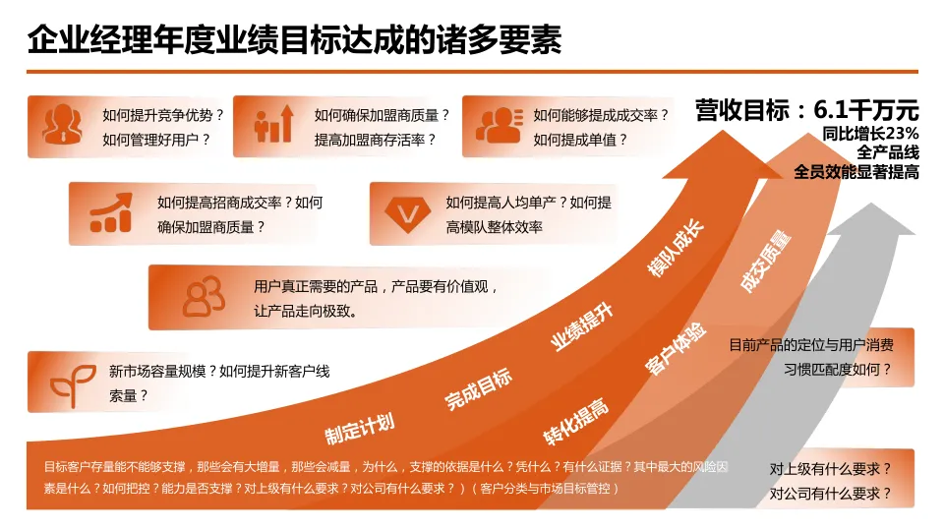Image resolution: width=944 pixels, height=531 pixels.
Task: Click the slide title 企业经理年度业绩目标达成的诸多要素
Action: pyautogui.click(x=295, y=40)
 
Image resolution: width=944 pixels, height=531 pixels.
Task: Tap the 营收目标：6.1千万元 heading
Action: pyautogui.click(x=806, y=109)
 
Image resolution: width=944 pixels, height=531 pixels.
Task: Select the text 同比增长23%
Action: pyautogui.click(x=870, y=134)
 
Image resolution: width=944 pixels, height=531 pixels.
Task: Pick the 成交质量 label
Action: pyautogui.click(x=766, y=262)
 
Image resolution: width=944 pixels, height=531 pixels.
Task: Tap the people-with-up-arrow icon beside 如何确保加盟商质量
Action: pyautogui.click(x=274, y=124)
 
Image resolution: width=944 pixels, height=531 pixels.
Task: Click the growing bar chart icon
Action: pyautogui.click(x=110, y=213)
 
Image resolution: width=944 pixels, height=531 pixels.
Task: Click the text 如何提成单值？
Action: pyautogui.click(x=580, y=140)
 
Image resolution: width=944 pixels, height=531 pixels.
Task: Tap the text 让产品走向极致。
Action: pyautogui.click(x=305, y=311)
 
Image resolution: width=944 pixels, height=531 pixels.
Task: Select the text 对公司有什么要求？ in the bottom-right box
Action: pyautogui.click(x=830, y=494)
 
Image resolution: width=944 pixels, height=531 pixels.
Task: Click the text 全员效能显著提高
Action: pyautogui.click(x=855, y=172)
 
